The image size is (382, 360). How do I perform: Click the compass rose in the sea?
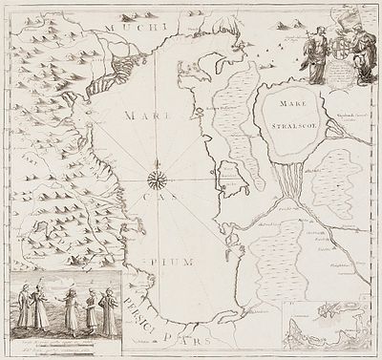pyautogui.click(x=158, y=177)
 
